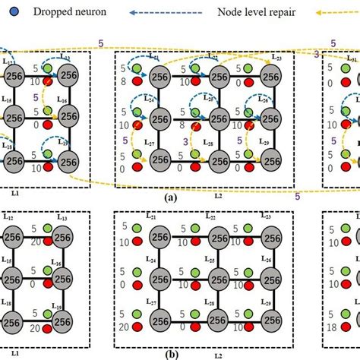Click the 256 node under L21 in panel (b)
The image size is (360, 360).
(160, 235)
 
